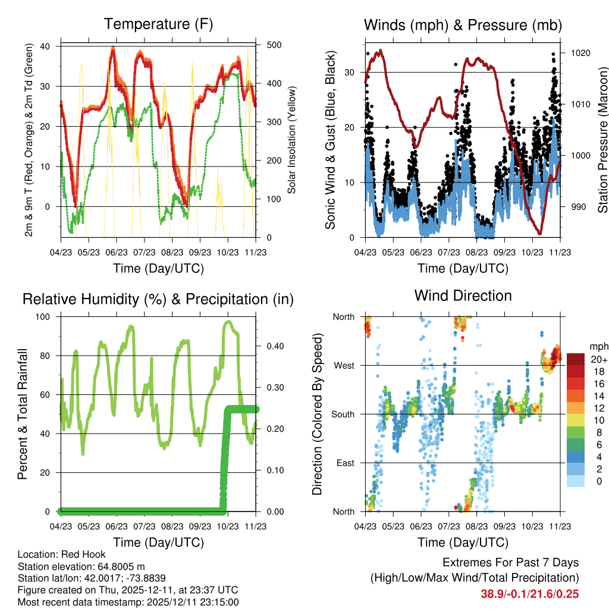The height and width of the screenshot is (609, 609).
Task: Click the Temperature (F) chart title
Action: (x=158, y=24)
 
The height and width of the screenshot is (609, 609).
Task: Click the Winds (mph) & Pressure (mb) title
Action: (x=463, y=25)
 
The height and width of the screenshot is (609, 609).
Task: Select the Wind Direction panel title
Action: (x=463, y=295)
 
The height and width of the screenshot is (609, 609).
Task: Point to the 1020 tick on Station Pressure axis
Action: (x=580, y=53)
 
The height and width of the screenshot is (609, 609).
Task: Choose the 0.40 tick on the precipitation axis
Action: (x=271, y=346)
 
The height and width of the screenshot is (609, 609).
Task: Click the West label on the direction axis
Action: (x=343, y=365)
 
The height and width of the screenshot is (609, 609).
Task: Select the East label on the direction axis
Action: (x=344, y=463)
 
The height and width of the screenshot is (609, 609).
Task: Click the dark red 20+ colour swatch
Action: (x=576, y=360)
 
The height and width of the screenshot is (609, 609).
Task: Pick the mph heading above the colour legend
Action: (x=598, y=346)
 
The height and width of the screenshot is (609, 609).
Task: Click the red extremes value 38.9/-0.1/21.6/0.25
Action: (x=529, y=594)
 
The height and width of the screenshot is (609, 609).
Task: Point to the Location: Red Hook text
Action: (x=61, y=554)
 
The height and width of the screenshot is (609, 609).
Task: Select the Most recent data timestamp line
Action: (x=128, y=602)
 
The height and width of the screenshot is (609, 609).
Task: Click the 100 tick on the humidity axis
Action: (x=50, y=316)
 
